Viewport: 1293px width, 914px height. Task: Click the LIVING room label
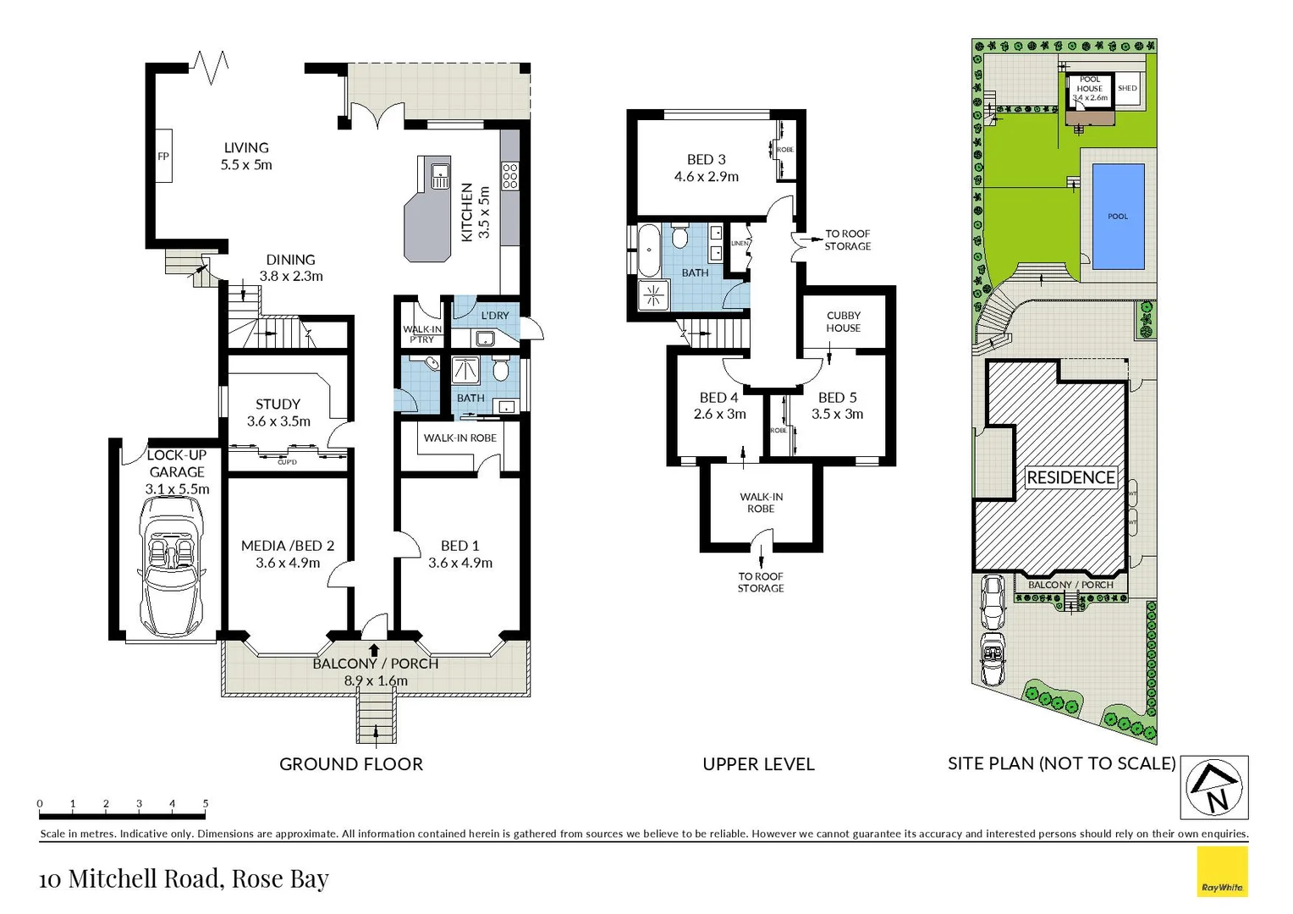[x=246, y=148]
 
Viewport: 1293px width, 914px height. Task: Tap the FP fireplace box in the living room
[x=163, y=157]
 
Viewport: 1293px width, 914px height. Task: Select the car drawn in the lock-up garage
[x=173, y=565]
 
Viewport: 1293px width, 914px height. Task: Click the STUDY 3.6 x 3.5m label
[x=278, y=412]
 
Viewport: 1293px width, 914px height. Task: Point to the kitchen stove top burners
[x=509, y=176]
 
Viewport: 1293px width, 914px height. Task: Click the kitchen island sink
[x=440, y=176]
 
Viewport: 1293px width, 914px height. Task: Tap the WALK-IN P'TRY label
[x=421, y=334]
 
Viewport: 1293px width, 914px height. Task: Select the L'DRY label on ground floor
[x=495, y=316]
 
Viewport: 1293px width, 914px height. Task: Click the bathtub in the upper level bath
[x=649, y=250]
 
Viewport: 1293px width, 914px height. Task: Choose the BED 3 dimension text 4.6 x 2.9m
[x=706, y=177]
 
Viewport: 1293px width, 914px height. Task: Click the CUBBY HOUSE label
[x=843, y=322]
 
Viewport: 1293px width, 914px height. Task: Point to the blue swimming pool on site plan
[x=1118, y=217]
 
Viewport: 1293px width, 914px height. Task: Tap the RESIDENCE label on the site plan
[x=1070, y=477]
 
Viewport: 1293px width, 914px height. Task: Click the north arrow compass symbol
[x=1214, y=787]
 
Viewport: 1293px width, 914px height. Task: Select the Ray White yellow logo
[x=1222, y=872]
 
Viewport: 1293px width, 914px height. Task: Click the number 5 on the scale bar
[x=206, y=803]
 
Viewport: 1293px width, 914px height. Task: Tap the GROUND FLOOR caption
[x=351, y=764]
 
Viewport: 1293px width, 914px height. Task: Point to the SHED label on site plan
[x=1127, y=88]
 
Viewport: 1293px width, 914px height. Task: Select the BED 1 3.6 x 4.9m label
[x=459, y=554]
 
